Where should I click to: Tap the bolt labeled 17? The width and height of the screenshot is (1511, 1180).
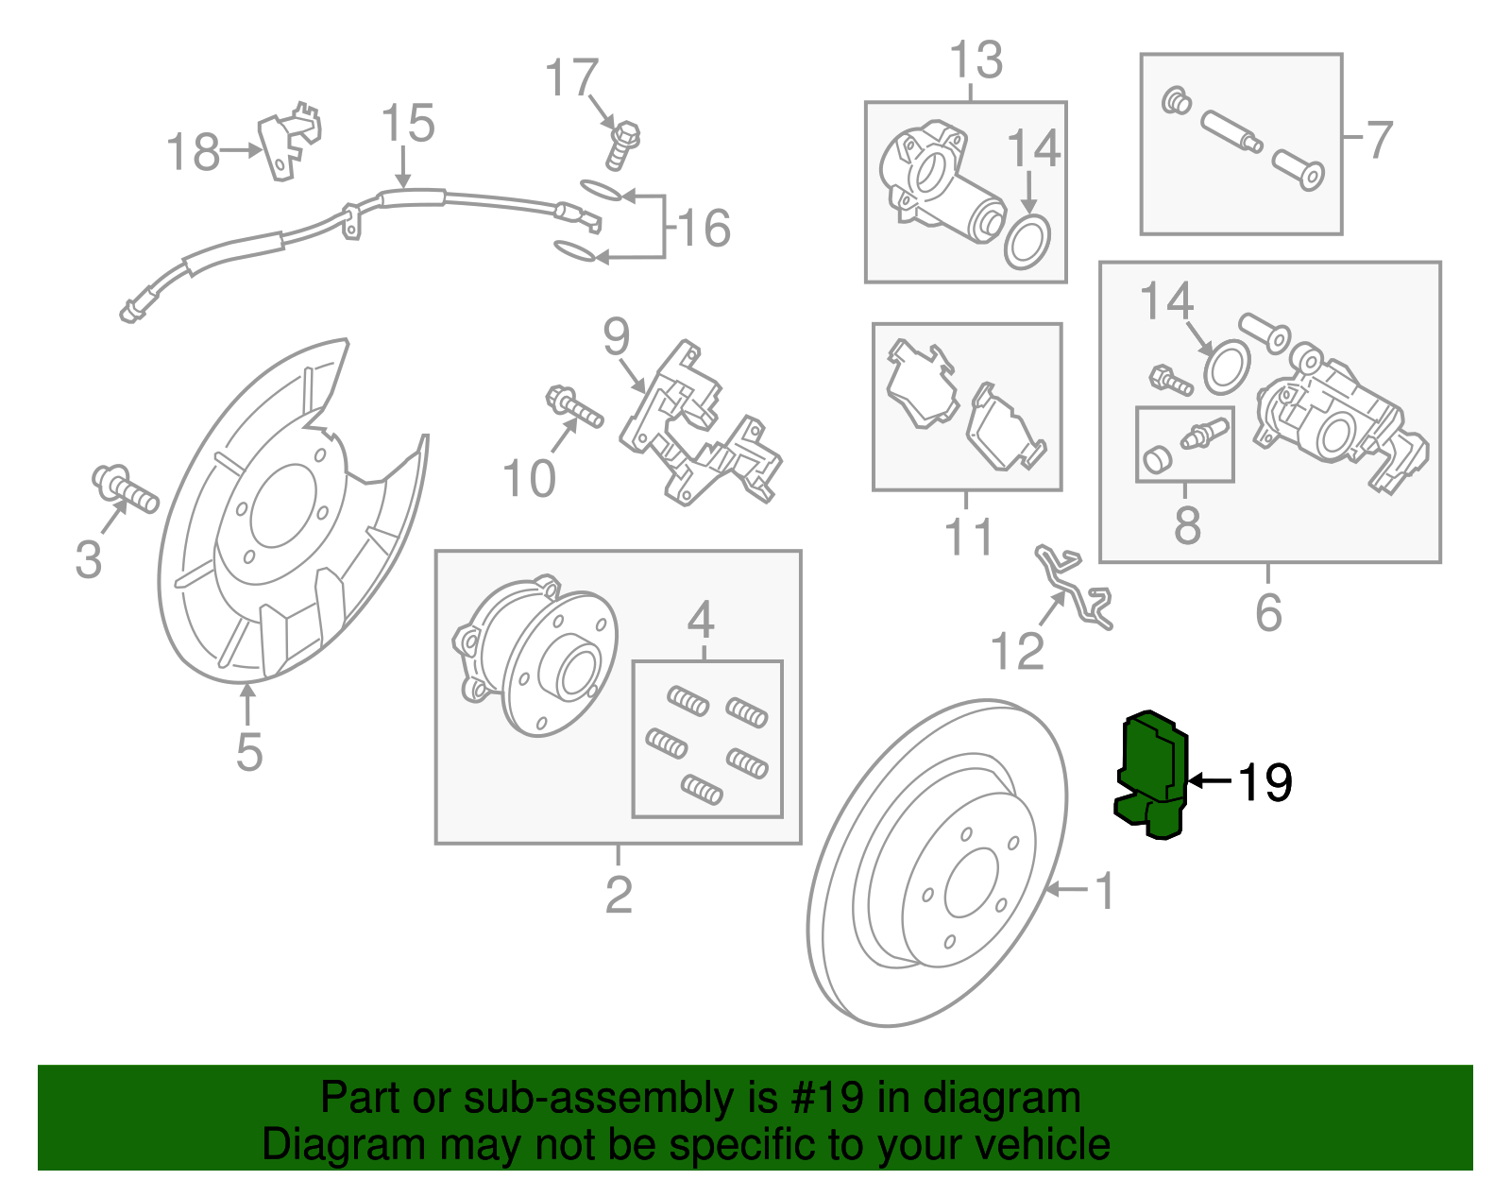tap(621, 145)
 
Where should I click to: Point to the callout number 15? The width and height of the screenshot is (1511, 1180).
tap(408, 125)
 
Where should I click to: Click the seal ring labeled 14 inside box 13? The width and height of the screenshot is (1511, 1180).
tap(1027, 243)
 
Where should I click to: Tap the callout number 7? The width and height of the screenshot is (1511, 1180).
tap(1380, 140)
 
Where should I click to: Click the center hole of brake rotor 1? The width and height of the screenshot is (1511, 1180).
tap(971, 882)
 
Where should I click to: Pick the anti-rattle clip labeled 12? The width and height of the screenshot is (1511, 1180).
tap(1077, 589)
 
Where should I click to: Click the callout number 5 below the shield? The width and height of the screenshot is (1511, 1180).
tap(248, 752)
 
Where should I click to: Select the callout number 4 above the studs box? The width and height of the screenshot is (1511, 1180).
tap(701, 621)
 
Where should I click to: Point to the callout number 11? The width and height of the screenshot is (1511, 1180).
tap(968, 537)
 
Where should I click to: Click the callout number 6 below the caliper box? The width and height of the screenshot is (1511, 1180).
tap(1268, 612)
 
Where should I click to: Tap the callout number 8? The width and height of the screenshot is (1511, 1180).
tap(1187, 525)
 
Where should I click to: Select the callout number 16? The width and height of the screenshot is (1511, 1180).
tap(704, 229)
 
